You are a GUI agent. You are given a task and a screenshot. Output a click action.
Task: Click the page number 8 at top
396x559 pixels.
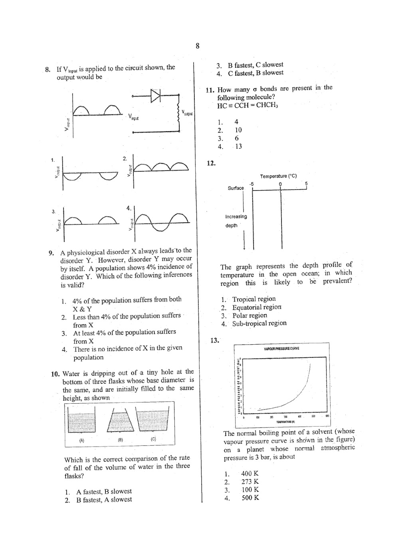click(198, 46)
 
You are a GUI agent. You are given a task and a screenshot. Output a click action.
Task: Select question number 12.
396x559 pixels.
click(211, 163)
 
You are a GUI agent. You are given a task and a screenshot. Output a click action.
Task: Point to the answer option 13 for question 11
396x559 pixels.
click(238, 146)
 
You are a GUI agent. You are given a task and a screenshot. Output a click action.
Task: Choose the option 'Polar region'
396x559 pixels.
click(249, 315)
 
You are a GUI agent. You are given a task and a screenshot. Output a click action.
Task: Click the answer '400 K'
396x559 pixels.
click(250, 473)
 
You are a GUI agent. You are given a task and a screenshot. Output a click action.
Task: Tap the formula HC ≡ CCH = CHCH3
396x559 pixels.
click(247, 106)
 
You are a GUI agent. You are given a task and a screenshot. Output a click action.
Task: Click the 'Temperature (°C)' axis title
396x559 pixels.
click(278, 176)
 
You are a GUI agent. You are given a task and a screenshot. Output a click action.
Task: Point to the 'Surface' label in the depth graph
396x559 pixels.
click(236, 188)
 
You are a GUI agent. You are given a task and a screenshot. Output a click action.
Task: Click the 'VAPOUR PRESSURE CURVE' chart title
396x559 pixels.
click(281, 349)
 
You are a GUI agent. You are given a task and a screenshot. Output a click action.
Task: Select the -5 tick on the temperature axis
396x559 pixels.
click(251, 184)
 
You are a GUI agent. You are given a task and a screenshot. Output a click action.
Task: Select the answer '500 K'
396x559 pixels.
click(250, 498)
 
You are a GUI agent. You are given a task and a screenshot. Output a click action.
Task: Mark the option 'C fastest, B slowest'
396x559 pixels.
click(255, 73)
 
